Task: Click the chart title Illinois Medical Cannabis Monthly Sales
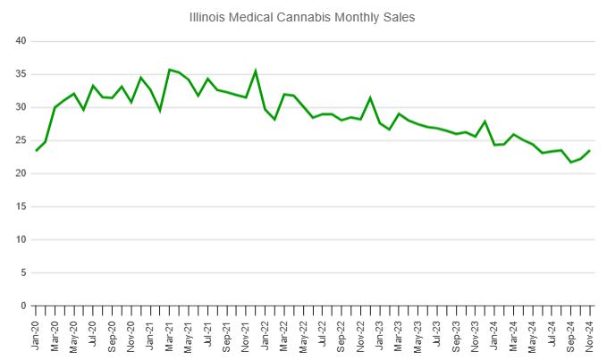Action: (302, 17)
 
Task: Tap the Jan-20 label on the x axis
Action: (37, 335)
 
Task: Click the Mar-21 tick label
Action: (170, 335)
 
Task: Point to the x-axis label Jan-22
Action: (266, 335)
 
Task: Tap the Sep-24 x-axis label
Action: (571, 335)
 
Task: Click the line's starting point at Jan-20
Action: (37, 150)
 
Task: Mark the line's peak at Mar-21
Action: (170, 70)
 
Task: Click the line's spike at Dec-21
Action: (256, 71)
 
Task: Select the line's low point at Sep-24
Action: (571, 162)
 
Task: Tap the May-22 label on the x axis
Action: (304, 335)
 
